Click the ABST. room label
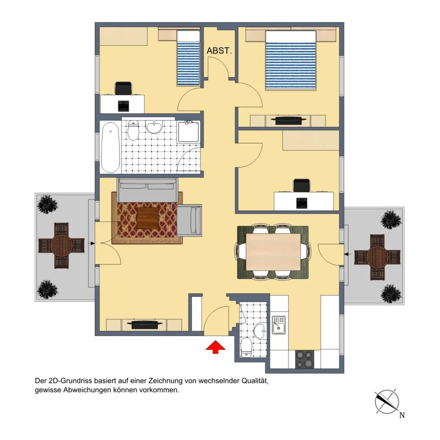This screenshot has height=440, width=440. pos(219,51)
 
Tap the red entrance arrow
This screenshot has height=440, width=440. pos(215,347)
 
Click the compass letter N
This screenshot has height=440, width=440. pos(402,415)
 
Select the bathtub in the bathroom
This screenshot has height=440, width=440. pos(110,147)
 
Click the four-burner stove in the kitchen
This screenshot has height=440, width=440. pos(304,359)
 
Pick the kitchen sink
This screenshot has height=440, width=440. pos(279,325)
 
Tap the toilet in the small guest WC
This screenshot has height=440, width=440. pos(246,348)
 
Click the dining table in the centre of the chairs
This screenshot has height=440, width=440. pos(273,252)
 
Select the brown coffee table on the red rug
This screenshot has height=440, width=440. pos(147,218)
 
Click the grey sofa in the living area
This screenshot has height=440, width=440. pos(147,190)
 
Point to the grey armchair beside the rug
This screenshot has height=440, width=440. pos(189,220)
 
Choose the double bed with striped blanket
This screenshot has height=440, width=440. pos(291,60)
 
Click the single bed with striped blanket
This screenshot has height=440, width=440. pos(188,58)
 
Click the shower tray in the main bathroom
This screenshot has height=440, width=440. pos(189,132)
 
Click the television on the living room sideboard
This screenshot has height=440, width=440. pos(144,324)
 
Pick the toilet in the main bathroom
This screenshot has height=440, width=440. pos(133,130)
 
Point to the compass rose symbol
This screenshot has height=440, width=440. pos(387,402)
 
